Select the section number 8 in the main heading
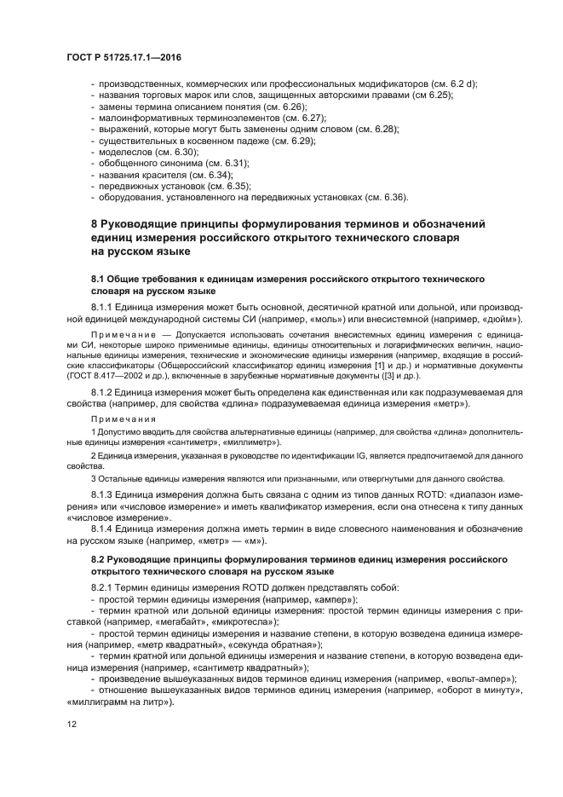click(95, 223)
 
